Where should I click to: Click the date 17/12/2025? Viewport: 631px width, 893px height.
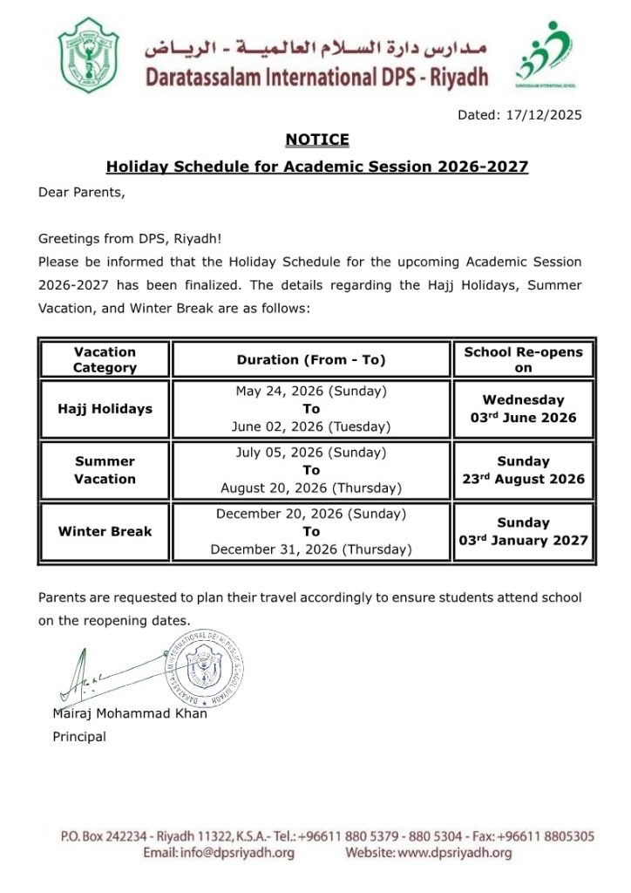pyautogui.click(x=544, y=114)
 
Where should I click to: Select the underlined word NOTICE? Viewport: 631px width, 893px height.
pyautogui.click(x=317, y=140)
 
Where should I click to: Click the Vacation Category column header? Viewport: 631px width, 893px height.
pyautogui.click(x=105, y=359)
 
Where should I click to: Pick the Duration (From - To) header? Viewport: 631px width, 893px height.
pyautogui.click(x=311, y=359)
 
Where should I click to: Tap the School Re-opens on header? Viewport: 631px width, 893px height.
pyautogui.click(x=523, y=359)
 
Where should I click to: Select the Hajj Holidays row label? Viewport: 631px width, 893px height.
pyautogui.click(x=105, y=408)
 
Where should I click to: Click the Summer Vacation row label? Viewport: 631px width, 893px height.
pyautogui.click(x=105, y=470)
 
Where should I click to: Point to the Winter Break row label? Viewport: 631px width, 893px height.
pyautogui.click(x=105, y=531)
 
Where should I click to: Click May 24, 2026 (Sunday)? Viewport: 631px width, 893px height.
pyautogui.click(x=311, y=391)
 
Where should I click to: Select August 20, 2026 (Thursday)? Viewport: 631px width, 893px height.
pyautogui.click(x=311, y=487)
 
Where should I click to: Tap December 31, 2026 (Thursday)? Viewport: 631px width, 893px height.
pyautogui.click(x=311, y=549)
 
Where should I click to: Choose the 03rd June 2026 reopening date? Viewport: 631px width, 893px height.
pyautogui.click(x=523, y=418)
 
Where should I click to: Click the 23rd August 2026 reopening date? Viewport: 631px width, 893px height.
pyautogui.click(x=523, y=479)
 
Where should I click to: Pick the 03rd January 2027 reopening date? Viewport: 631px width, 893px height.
pyautogui.click(x=523, y=540)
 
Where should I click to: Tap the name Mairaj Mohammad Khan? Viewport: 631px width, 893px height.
pyautogui.click(x=130, y=714)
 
